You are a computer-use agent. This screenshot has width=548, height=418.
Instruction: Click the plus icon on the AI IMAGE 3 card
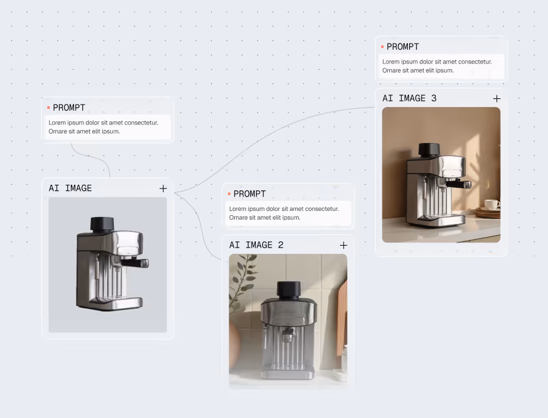click(x=497, y=99)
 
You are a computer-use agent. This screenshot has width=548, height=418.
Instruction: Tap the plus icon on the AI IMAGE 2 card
click(x=344, y=246)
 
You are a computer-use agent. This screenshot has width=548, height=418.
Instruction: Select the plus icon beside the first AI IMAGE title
click(x=163, y=188)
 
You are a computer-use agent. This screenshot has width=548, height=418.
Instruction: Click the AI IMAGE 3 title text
click(x=409, y=98)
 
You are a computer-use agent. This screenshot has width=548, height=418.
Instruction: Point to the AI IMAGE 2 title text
click(x=256, y=245)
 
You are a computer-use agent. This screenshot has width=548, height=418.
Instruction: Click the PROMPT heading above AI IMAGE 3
click(x=403, y=47)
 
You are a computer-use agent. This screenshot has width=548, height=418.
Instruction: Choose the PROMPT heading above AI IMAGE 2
click(x=250, y=194)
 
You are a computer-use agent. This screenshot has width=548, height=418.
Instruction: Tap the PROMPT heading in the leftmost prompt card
click(x=69, y=108)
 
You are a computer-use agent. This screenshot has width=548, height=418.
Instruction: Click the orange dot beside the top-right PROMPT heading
click(x=382, y=47)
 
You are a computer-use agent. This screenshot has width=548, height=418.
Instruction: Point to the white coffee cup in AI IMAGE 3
click(x=492, y=204)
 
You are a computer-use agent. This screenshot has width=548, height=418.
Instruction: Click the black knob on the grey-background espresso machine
click(x=102, y=224)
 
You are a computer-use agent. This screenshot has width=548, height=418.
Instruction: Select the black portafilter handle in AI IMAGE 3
click(x=458, y=184)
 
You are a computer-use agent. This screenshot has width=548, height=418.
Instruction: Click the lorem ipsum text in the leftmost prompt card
click(x=103, y=127)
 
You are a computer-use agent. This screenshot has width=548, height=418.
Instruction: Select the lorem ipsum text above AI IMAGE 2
click(x=284, y=213)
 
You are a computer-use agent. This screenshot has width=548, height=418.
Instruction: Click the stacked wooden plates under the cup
click(x=488, y=213)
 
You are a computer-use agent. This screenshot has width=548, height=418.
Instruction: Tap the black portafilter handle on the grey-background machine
click(x=135, y=263)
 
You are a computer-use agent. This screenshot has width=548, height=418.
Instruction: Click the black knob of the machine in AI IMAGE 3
click(x=430, y=149)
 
